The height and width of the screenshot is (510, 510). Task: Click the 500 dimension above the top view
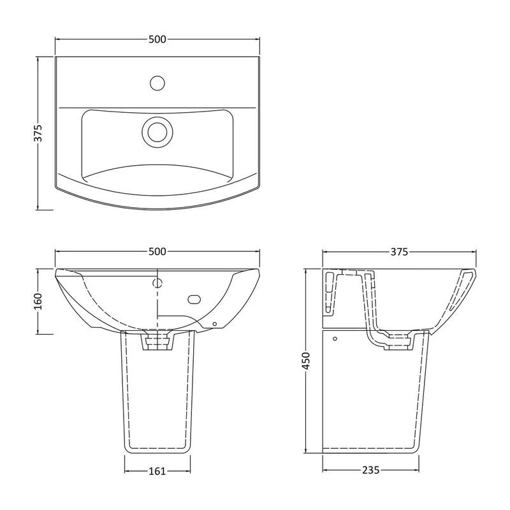click(157, 40)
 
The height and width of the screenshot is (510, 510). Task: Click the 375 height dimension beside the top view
click(38, 133)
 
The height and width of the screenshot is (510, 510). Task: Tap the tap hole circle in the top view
click(157, 83)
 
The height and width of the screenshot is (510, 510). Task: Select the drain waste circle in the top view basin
click(157, 132)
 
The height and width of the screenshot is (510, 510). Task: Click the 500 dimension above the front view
click(157, 251)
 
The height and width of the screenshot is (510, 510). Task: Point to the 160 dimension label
click(38, 302)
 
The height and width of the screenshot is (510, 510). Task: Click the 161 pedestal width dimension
click(157, 471)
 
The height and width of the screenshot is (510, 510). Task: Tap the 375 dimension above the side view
click(399, 252)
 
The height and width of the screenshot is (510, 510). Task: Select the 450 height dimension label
click(306, 361)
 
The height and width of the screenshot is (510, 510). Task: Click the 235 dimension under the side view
click(371, 470)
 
